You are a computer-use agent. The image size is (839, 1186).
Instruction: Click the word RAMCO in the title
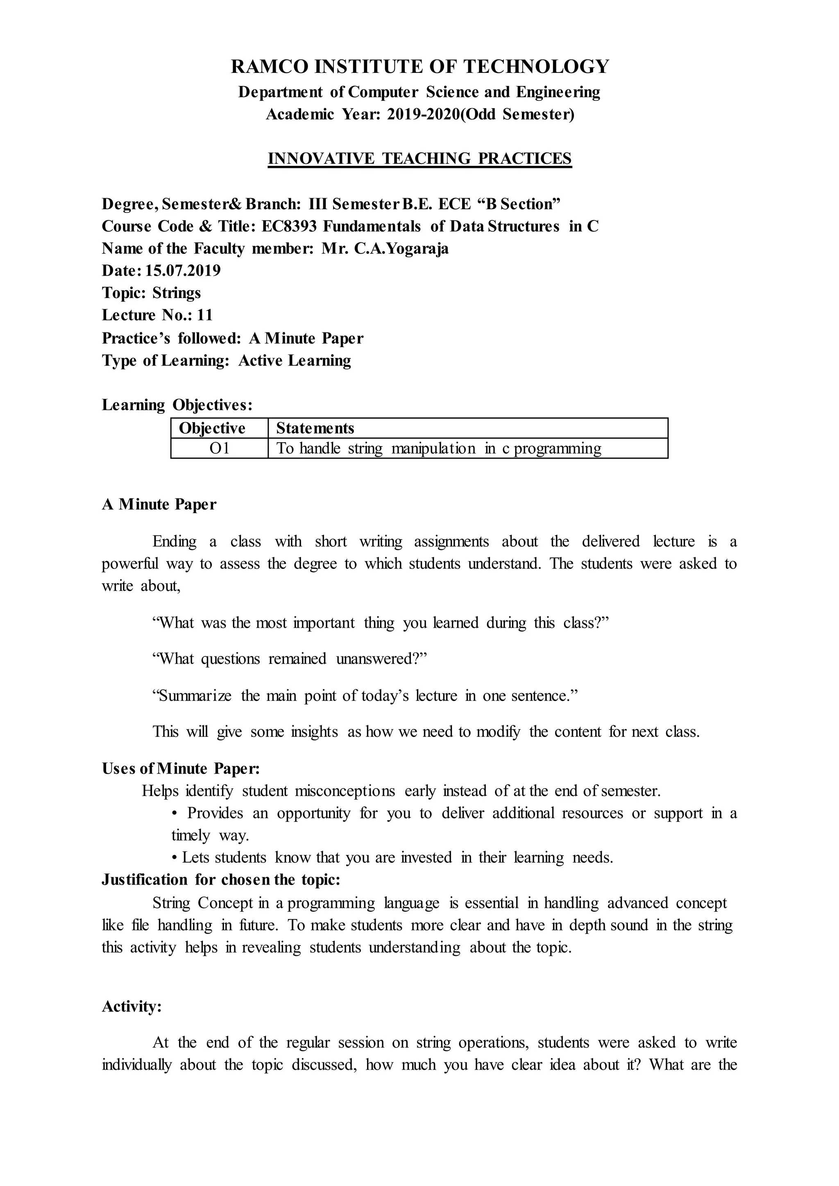click(270, 67)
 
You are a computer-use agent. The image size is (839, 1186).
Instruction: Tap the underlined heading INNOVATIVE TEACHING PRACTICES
click(419, 158)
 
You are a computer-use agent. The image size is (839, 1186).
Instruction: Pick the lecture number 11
click(204, 315)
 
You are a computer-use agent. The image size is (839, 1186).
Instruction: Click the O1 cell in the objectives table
click(220, 448)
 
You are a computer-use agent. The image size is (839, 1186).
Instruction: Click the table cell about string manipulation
click(439, 448)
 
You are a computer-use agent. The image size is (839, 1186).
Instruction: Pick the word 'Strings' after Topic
click(177, 292)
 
